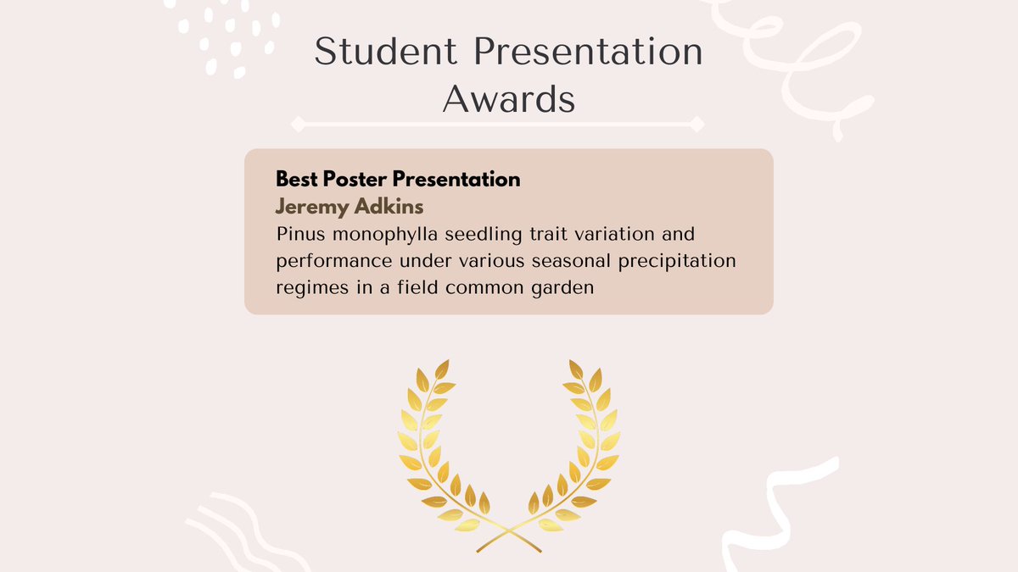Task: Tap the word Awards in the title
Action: (509, 99)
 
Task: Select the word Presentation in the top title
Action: (587, 53)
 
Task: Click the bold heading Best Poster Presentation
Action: (398, 180)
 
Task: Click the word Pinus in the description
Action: (297, 233)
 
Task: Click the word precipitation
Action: (684, 260)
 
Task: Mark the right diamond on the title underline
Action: (696, 125)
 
